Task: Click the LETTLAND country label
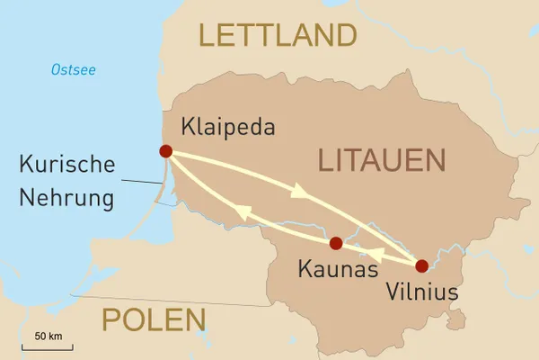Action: click(277, 36)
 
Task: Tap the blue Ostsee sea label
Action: click(73, 70)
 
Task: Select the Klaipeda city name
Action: click(228, 126)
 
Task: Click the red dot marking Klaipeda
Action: click(165, 151)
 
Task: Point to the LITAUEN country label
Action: click(382, 161)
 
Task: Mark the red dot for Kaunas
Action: click(336, 243)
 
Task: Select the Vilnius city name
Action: click(421, 292)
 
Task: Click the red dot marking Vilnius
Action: click(421, 265)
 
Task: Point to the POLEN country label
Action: click(154, 319)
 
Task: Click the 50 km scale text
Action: click(49, 336)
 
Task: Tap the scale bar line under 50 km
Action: click(49, 346)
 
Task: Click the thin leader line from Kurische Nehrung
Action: click(139, 183)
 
